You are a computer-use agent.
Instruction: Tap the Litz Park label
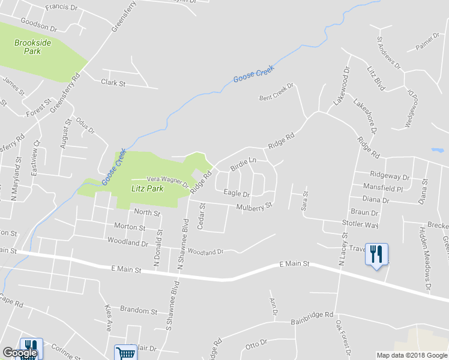click(147, 188)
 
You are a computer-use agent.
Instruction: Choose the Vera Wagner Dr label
click(168, 181)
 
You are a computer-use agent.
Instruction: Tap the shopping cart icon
click(125, 353)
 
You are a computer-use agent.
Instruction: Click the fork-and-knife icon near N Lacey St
click(376, 254)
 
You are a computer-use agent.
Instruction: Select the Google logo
click(19, 353)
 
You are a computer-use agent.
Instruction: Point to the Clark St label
click(113, 83)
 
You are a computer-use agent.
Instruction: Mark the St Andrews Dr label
click(388, 52)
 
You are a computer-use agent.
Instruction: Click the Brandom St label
click(138, 311)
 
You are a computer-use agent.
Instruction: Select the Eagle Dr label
click(236, 193)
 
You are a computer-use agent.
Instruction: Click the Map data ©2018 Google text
click(411, 355)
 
